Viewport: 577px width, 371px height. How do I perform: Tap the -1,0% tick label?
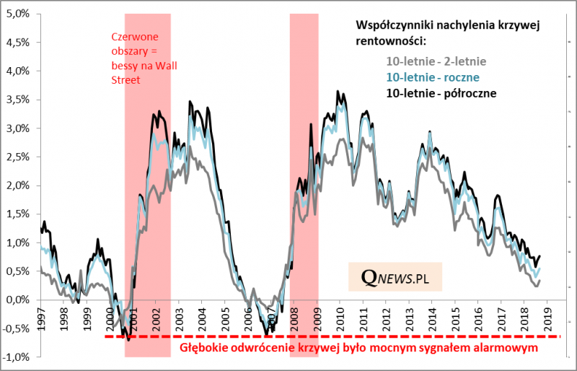[19, 357]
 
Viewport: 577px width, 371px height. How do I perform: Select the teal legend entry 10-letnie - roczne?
[433, 77]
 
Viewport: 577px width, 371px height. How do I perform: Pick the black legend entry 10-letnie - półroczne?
[441, 93]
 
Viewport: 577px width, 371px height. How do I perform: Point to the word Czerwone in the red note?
[135, 38]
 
